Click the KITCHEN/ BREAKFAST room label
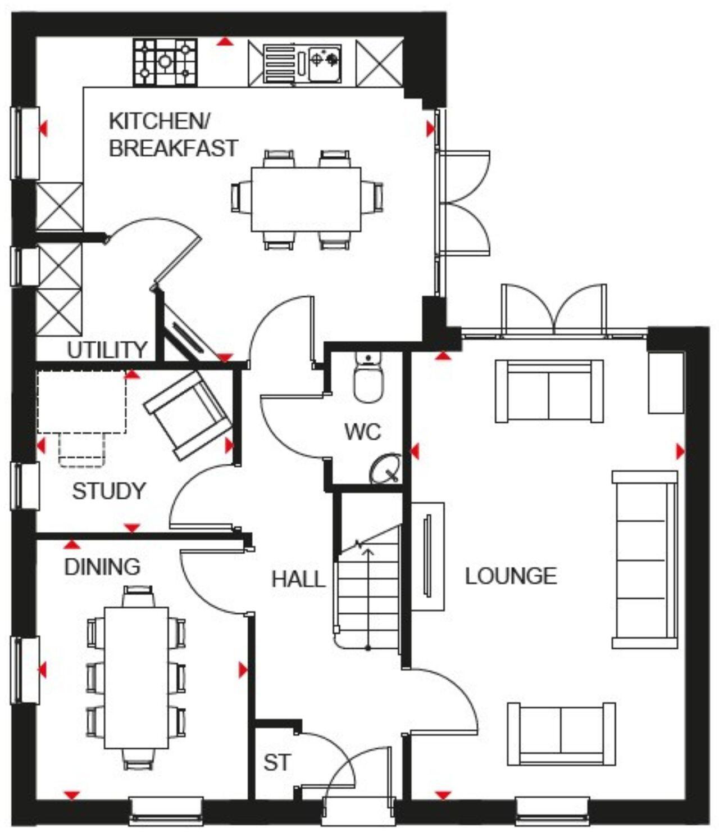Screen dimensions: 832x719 [x=173, y=135]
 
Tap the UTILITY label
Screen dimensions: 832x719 [x=107, y=350]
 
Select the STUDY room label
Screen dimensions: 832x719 [x=109, y=491]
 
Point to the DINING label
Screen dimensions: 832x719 [x=102, y=567]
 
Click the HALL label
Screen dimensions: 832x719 [x=298, y=579]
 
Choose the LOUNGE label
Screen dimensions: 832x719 [x=511, y=576]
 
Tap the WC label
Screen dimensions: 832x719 [x=362, y=432]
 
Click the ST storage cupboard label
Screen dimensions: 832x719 [x=277, y=763]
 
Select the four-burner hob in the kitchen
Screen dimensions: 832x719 [x=166, y=62]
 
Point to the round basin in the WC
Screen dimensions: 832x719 [x=386, y=468]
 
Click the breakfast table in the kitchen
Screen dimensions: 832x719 [x=306, y=199]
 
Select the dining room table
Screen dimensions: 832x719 [x=136, y=677]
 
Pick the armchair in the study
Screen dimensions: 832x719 [x=187, y=414]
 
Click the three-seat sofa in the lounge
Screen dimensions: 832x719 [x=645, y=559]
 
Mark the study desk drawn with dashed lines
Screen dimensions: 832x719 [x=81, y=402]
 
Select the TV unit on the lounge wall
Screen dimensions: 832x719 [x=428, y=556]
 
